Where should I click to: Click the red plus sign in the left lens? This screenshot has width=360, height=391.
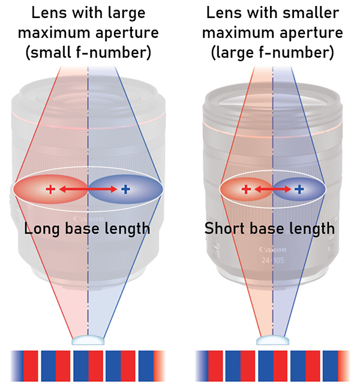coord(50,190)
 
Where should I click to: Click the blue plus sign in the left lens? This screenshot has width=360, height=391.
coord(125,190)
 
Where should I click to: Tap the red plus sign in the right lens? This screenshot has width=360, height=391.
coord(245,190)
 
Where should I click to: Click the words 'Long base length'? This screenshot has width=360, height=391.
coord(88,229)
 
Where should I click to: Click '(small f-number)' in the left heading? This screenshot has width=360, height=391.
coord(88,53)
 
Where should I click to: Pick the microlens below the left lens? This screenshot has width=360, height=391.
coord(88,341)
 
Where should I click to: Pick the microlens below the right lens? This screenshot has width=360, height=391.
coord(272,341)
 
